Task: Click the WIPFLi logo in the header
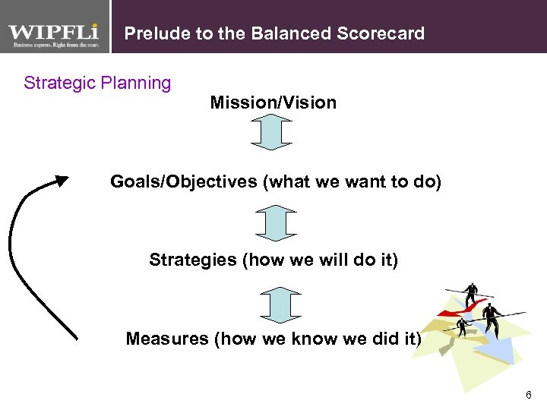(x=55, y=32)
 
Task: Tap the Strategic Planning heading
(x=97, y=83)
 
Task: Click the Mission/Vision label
(x=273, y=102)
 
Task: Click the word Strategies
(x=193, y=260)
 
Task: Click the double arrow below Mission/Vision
(x=271, y=131)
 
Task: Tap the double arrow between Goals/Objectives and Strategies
(x=274, y=222)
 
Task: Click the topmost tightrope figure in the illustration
(x=472, y=292)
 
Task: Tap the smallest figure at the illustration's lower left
(x=461, y=327)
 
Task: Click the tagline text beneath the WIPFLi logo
(x=55, y=46)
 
